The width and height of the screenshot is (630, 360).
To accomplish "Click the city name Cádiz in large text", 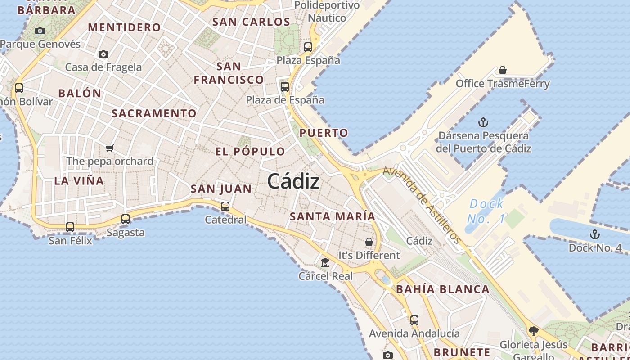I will pyautogui.click(x=293, y=181).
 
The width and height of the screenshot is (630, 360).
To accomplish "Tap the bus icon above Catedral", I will pyautogui.click(x=225, y=207).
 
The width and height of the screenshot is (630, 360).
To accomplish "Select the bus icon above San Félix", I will pyautogui.click(x=70, y=227).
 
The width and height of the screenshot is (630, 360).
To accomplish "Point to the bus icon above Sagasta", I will pyautogui.click(x=126, y=219).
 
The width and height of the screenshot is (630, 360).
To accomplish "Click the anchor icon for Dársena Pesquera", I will pyautogui.click(x=483, y=122).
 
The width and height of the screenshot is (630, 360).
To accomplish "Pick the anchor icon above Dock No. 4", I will pyautogui.click(x=595, y=234).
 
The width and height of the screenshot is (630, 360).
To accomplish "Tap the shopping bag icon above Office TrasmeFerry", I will pyautogui.click(x=503, y=70).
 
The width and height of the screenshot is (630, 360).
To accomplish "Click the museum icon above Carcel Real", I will pyautogui.click(x=325, y=262).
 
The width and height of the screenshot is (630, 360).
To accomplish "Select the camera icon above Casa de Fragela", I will pyautogui.click(x=103, y=54).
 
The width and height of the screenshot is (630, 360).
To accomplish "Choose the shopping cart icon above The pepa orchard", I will pyautogui.click(x=110, y=148).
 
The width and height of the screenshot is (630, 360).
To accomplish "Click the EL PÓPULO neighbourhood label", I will pyautogui.click(x=250, y=152).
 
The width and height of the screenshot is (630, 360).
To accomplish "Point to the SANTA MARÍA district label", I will pyautogui.click(x=332, y=216).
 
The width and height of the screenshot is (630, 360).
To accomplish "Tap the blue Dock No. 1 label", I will pyautogui.click(x=486, y=211).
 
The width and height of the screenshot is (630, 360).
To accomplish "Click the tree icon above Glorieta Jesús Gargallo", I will pyautogui.click(x=534, y=331).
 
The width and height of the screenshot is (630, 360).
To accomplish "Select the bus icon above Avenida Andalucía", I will pyautogui.click(x=414, y=320).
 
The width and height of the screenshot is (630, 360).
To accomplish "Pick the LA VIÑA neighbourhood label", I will pyautogui.click(x=79, y=181).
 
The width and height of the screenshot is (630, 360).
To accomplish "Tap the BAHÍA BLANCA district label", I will pyautogui.click(x=443, y=289).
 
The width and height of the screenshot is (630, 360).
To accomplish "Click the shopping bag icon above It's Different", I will pyautogui.click(x=369, y=242).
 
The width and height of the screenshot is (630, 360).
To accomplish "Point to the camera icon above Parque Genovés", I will pyautogui.click(x=40, y=31).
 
